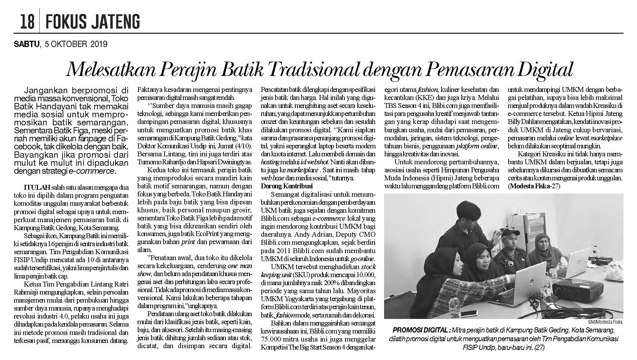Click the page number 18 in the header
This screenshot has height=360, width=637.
27,22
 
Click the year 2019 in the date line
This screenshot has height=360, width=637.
98,44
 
